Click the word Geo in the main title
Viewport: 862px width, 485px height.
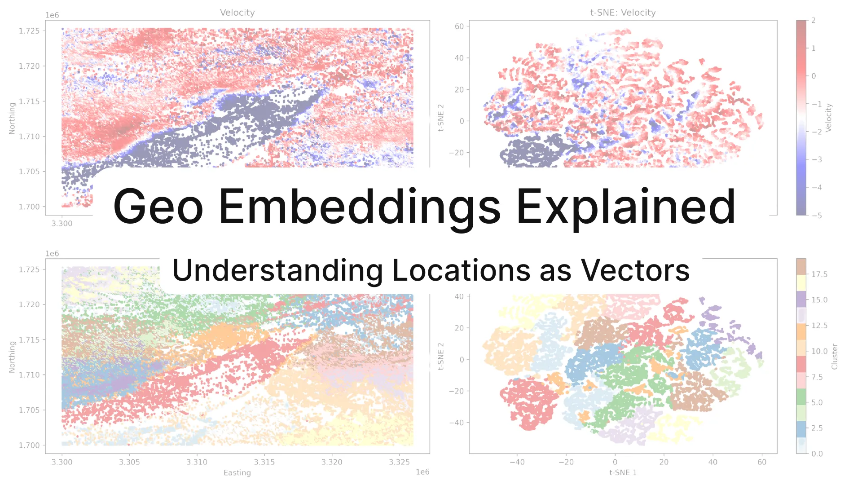click(158, 207)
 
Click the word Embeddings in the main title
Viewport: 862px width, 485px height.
click(359, 207)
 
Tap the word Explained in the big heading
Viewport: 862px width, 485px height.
click(626, 207)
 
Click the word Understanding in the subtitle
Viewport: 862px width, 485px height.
click(277, 271)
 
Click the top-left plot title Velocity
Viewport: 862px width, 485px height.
click(237, 13)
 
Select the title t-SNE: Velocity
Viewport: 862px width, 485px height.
click(623, 13)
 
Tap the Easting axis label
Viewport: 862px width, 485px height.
click(237, 473)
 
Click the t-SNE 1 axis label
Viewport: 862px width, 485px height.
click(623, 472)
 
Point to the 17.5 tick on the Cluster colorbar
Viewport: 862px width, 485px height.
click(819, 274)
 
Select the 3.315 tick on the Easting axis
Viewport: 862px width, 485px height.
click(264, 462)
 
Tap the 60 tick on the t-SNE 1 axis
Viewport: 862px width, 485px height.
click(762, 462)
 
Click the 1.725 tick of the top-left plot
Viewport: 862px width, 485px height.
click(29, 31)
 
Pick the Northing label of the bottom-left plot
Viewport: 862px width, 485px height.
click(12, 357)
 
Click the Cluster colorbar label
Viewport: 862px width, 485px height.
click(835, 357)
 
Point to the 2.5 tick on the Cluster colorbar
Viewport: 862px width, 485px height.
click(817, 428)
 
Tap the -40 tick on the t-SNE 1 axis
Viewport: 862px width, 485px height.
click(517, 462)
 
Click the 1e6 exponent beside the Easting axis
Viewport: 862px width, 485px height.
click(422, 472)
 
